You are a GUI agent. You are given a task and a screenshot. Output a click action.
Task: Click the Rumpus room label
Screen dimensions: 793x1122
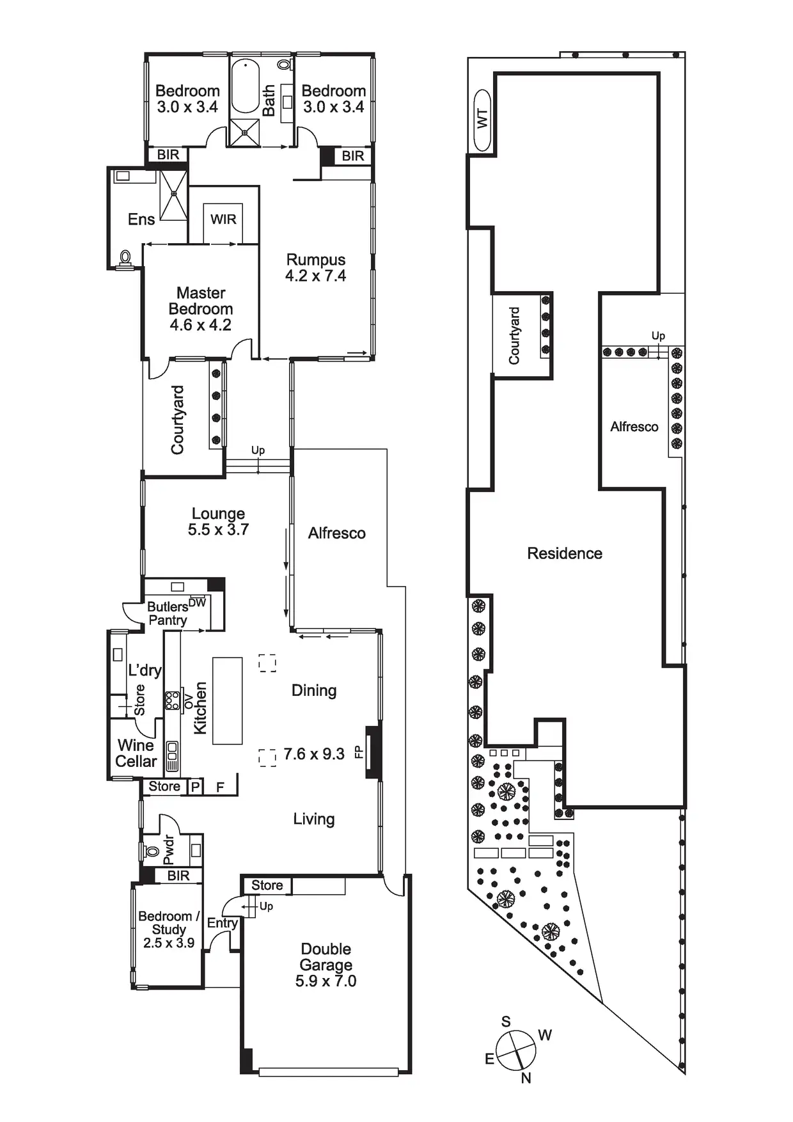click(316, 260)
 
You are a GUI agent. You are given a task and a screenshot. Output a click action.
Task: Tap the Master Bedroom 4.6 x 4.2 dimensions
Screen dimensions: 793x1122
click(201, 325)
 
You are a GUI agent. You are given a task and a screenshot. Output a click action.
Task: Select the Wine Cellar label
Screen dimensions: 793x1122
click(136, 754)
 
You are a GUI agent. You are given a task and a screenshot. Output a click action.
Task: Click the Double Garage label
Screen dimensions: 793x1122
click(326, 957)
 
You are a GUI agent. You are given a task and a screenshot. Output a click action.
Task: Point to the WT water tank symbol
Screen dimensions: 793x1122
click(482, 120)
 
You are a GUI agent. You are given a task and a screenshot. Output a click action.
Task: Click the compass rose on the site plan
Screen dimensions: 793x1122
click(516, 1050)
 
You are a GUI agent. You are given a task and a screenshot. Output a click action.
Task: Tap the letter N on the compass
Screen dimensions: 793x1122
click(526, 1079)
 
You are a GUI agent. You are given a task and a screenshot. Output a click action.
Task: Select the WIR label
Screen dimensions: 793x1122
click(223, 219)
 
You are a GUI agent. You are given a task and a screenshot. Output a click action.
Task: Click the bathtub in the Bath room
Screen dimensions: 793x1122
click(245, 87)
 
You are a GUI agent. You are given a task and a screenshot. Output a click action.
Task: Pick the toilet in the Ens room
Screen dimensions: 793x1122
click(125, 258)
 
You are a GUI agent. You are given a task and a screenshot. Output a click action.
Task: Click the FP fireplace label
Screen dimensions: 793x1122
click(359, 752)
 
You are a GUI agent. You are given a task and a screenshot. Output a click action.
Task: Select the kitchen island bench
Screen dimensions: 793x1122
click(228, 700)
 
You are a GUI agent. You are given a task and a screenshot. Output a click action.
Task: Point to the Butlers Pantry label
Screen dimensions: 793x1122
click(168, 613)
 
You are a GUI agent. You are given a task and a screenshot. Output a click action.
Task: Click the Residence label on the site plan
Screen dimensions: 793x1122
click(565, 553)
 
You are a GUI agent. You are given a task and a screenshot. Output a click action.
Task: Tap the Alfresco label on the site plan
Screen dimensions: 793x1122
click(634, 427)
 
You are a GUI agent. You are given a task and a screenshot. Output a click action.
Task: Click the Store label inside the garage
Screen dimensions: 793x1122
click(267, 885)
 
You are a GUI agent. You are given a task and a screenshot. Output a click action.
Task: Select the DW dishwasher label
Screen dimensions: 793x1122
click(198, 602)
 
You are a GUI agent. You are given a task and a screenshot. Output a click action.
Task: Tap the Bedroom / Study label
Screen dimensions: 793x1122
click(169, 922)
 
